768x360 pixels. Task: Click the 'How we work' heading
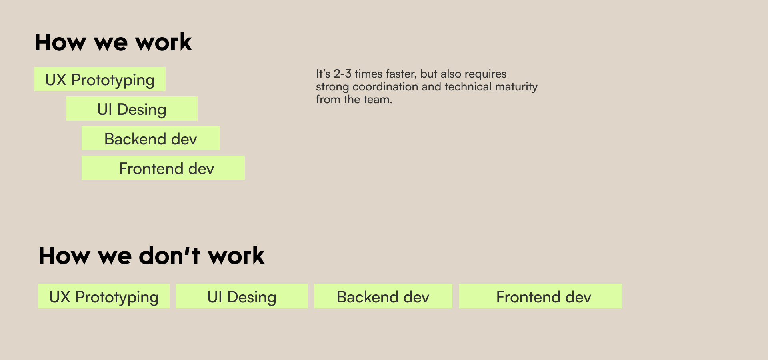point(113,42)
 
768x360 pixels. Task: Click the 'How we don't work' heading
point(151,256)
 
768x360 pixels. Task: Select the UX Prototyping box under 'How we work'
point(100,79)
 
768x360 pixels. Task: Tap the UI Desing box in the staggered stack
point(132,109)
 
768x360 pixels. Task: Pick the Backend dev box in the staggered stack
point(151,138)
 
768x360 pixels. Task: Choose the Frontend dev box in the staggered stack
point(163,168)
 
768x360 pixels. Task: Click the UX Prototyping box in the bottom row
point(104,296)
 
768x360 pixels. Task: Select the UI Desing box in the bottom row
point(242,296)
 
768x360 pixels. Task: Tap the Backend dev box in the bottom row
point(383,296)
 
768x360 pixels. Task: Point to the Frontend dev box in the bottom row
point(540,296)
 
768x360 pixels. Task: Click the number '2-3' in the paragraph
point(342,74)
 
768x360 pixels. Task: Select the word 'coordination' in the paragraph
point(385,87)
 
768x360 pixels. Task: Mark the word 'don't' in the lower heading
point(169,256)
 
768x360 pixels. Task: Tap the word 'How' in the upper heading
point(60,42)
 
